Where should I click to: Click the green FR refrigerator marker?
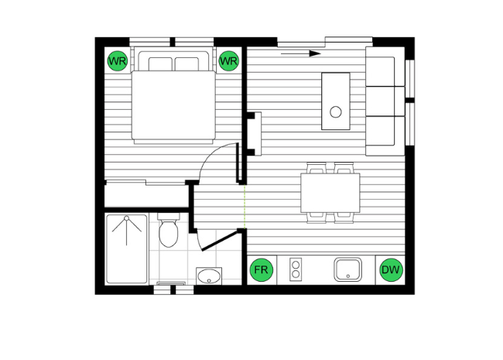click(x=262, y=270)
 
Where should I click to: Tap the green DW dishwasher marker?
click(x=391, y=270)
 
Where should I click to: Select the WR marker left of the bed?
click(x=117, y=60)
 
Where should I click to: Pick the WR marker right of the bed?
click(x=228, y=60)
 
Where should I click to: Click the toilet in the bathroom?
click(x=168, y=231)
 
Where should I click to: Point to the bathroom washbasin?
click(x=209, y=276)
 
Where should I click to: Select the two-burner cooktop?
click(x=295, y=270)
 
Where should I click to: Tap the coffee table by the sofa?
click(x=335, y=101)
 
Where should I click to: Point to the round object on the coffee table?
click(x=336, y=111)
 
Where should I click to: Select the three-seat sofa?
click(x=384, y=101)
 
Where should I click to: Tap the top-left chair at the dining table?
click(x=316, y=167)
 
